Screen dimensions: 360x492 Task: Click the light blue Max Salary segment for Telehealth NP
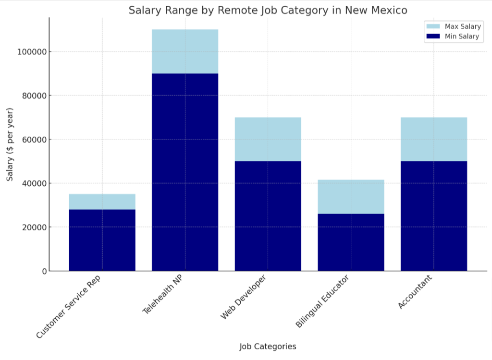pos(185,51)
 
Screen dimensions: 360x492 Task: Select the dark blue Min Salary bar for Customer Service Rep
pos(102,240)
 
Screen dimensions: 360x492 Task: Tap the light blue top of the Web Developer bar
pos(268,139)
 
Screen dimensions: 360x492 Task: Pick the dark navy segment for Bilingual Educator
pos(351,242)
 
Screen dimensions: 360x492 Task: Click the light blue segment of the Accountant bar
pos(434,139)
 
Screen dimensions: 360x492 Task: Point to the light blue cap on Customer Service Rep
pos(102,202)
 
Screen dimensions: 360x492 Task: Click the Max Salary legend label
pos(463,26)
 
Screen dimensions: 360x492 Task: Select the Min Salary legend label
pos(462,36)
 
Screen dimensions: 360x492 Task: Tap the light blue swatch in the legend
pos(433,26)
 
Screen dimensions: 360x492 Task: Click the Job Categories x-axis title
pos(268,346)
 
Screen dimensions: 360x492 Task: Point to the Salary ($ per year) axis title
pos(10,144)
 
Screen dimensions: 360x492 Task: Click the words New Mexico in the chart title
pos(379,10)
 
